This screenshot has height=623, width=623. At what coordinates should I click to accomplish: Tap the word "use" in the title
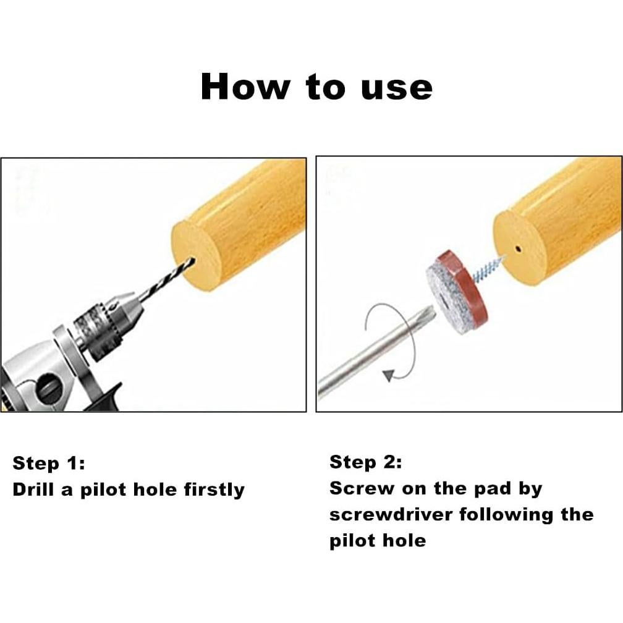[x=397, y=88]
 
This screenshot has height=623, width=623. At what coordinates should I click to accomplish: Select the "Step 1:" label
[x=49, y=463]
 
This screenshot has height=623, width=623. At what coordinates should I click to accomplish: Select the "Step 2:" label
[x=365, y=462]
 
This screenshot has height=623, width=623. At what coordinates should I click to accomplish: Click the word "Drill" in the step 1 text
[x=33, y=489]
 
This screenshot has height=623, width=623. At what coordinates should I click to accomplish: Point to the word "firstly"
[x=214, y=490]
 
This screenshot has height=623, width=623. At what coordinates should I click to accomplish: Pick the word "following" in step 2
[x=506, y=515]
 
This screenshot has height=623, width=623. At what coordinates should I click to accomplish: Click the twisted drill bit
[x=167, y=276]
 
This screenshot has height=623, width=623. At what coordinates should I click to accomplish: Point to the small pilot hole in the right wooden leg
[x=518, y=249]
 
